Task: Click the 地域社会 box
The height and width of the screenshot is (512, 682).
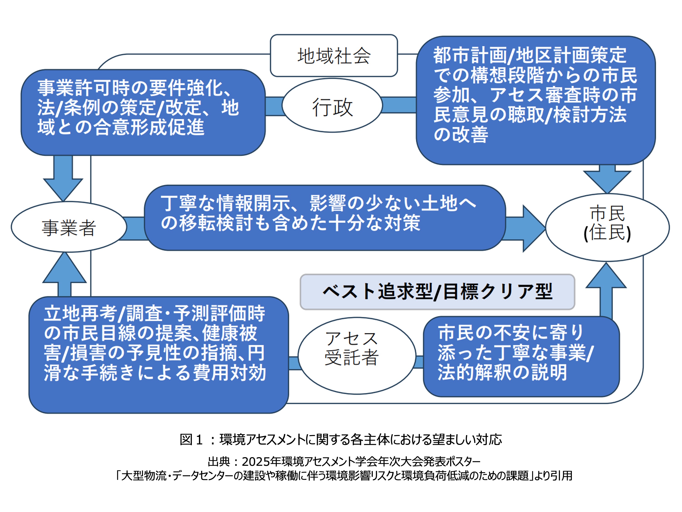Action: tap(333, 56)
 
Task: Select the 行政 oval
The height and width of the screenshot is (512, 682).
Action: tap(332, 106)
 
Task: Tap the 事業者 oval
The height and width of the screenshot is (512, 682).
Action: tap(68, 227)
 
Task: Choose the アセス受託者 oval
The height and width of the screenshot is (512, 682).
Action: tap(357, 355)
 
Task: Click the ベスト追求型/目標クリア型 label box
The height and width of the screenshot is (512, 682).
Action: tap(437, 292)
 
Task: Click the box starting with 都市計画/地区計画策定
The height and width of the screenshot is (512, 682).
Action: tap(536, 100)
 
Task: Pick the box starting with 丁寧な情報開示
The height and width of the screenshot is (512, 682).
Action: tap(324, 218)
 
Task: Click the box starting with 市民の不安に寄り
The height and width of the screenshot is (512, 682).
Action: tap(521, 356)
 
